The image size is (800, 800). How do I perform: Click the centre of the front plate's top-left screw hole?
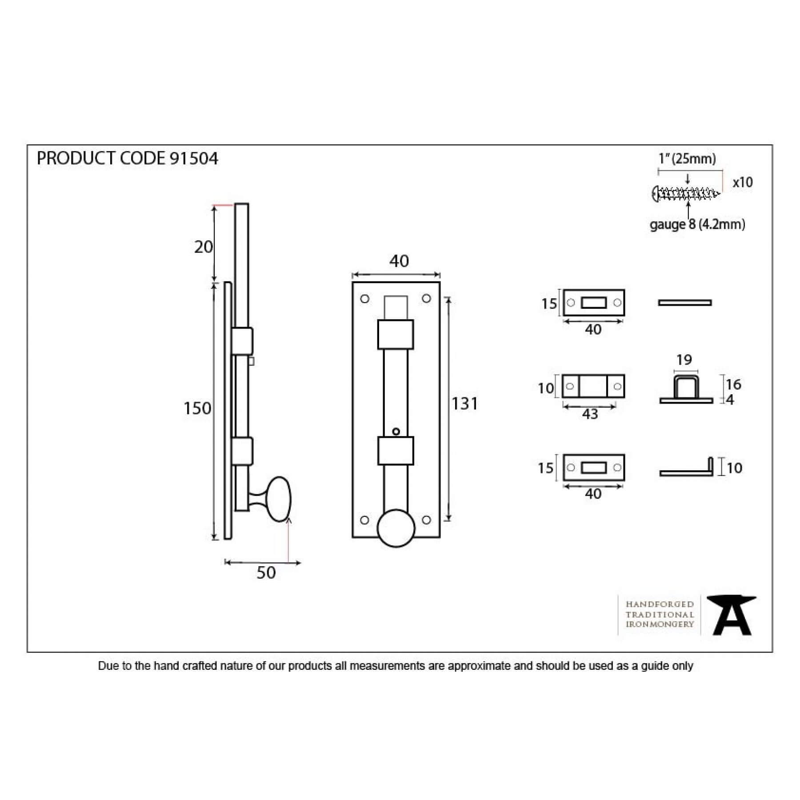click(365, 299)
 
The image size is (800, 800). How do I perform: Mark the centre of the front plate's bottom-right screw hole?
click(426, 520)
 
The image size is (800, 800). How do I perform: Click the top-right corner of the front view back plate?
click(440, 282)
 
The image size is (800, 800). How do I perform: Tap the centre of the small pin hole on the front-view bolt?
click(396, 431)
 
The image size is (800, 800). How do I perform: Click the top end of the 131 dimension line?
click(448, 298)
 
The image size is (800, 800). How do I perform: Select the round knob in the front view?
click(396, 528)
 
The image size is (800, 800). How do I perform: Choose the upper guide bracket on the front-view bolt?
click(396, 334)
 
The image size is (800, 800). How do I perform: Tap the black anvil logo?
click(731, 616)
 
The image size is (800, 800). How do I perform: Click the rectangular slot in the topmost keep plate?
click(594, 303)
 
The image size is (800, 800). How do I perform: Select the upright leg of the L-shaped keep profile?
click(710, 466)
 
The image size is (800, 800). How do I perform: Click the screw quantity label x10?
click(743, 182)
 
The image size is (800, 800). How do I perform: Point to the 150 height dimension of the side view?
click(197, 408)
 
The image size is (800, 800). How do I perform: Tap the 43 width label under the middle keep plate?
click(590, 414)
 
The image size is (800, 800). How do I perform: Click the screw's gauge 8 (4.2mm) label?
click(697, 224)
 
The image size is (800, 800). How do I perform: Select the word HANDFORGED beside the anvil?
click(660, 604)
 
